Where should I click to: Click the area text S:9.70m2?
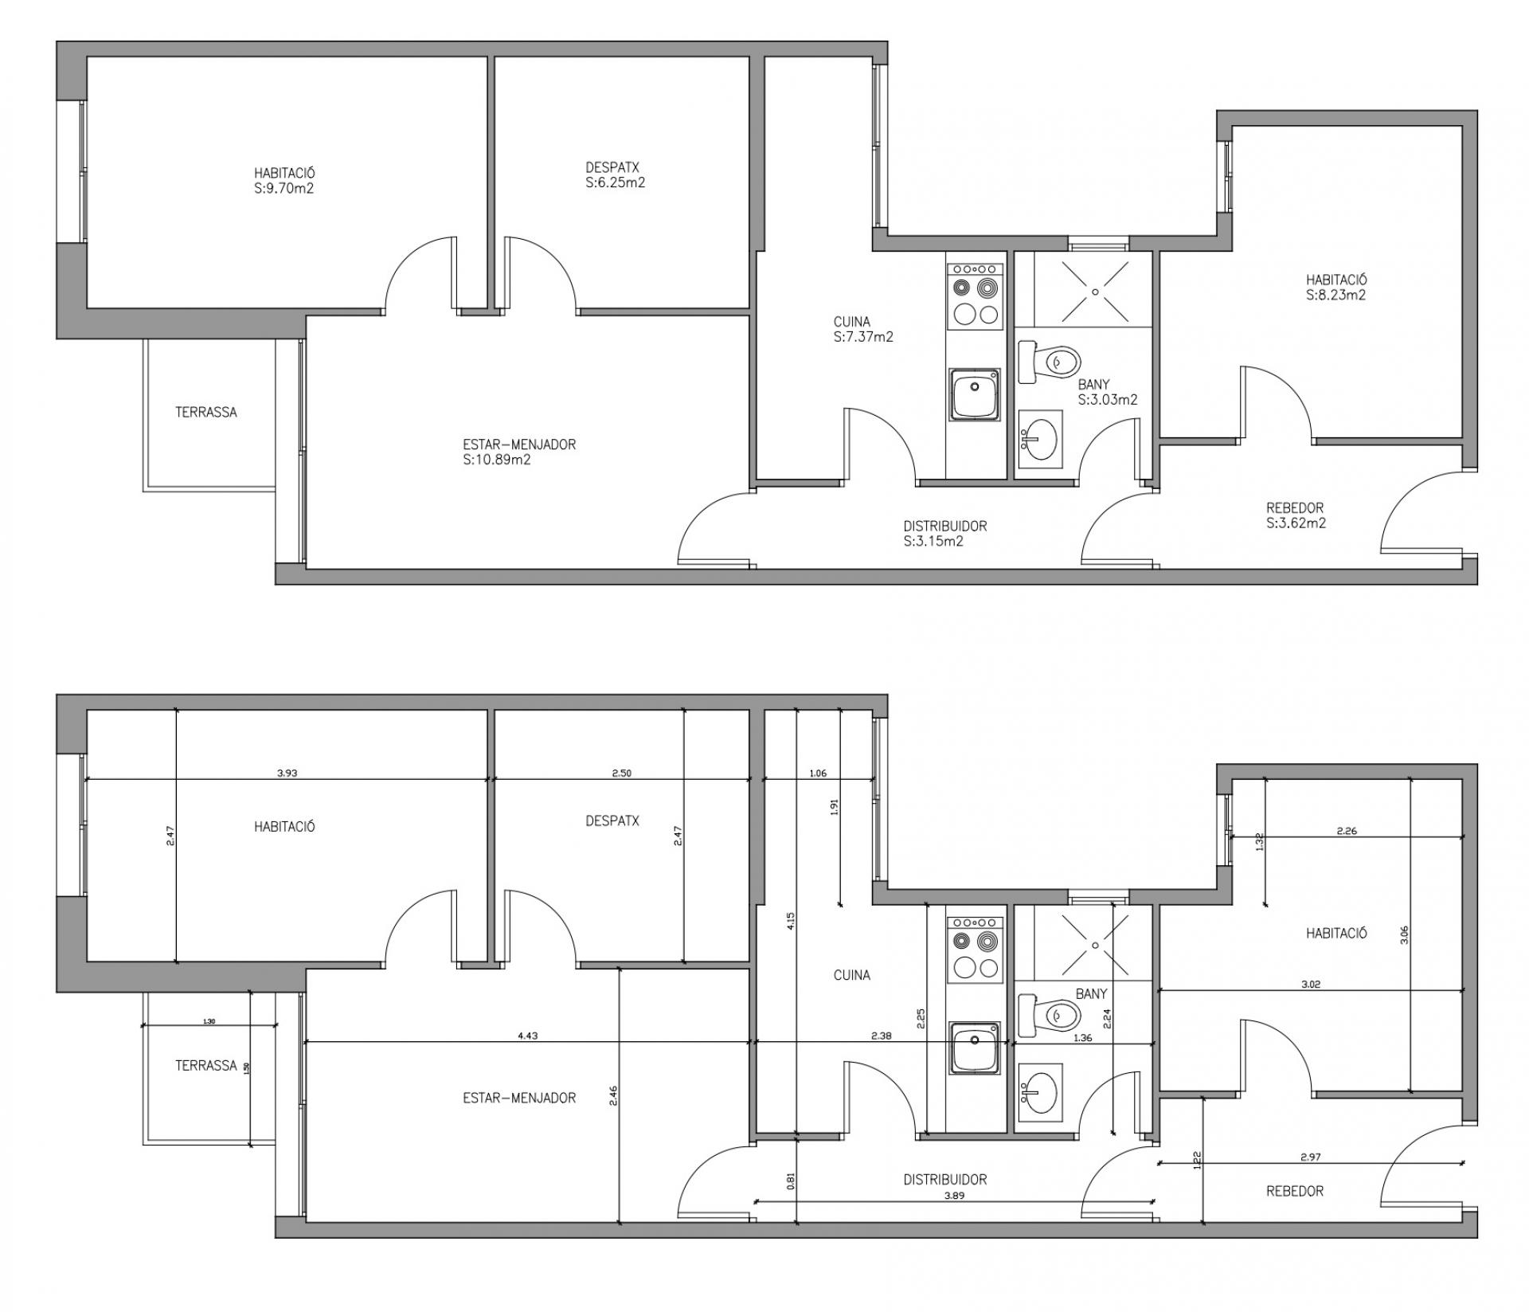[284, 189]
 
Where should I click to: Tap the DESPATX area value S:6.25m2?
[615, 182]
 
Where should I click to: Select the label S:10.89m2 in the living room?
[497, 460]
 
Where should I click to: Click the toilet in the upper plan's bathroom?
[1050, 362]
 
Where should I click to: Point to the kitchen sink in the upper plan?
[974, 395]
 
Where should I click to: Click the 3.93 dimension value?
[287, 773]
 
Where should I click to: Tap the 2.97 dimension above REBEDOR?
[1312, 1157]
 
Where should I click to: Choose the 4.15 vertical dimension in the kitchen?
[790, 921]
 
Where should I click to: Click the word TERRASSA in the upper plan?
[206, 412]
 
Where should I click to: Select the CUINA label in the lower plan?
[851, 975]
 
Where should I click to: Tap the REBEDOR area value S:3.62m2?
[1296, 523]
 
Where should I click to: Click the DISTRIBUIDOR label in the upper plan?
[945, 526]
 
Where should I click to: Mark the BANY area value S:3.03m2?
[1108, 400]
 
